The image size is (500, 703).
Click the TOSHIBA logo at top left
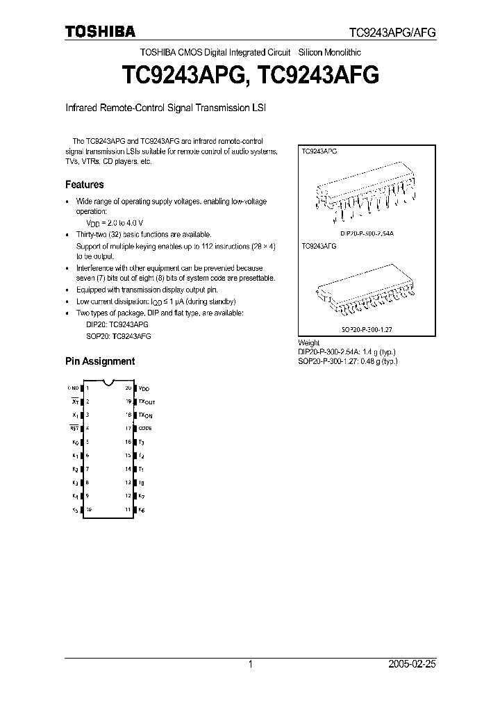pos(101,31)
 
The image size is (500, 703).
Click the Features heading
pos(85,185)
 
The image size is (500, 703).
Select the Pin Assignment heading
pos(100,361)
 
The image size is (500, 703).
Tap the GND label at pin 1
pos(73,388)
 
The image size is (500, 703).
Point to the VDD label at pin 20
pos(144,388)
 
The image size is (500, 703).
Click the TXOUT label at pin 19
pos(147,402)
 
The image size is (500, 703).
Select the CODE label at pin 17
pos(145,428)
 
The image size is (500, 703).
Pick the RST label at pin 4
pos(74,428)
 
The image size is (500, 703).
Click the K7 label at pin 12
pos(142,496)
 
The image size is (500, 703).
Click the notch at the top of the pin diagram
pos(108,382)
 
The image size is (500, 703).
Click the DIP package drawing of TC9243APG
pos(365,194)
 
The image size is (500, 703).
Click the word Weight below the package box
pos(308,342)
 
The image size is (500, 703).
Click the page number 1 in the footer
pos(250,664)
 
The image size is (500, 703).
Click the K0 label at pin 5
pos(75,442)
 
